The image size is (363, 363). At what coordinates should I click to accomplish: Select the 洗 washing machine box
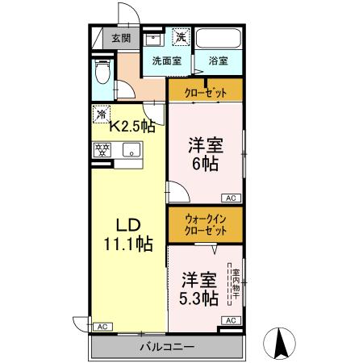point(181,37)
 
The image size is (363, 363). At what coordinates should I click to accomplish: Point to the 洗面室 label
point(166,60)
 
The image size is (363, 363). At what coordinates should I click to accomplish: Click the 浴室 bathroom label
point(217,60)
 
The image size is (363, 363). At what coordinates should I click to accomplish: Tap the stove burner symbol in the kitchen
point(102,150)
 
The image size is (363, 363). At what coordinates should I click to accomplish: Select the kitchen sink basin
point(130,150)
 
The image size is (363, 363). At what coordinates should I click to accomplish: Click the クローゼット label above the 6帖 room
point(205,91)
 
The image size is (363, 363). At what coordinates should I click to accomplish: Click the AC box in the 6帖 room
point(230,198)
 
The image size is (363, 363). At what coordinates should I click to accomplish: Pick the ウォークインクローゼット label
point(205,223)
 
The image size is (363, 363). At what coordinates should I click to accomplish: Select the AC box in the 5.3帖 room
point(230,320)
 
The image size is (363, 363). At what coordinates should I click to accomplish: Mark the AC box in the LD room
point(102,327)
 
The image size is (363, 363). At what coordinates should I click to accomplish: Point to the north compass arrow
point(283,343)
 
